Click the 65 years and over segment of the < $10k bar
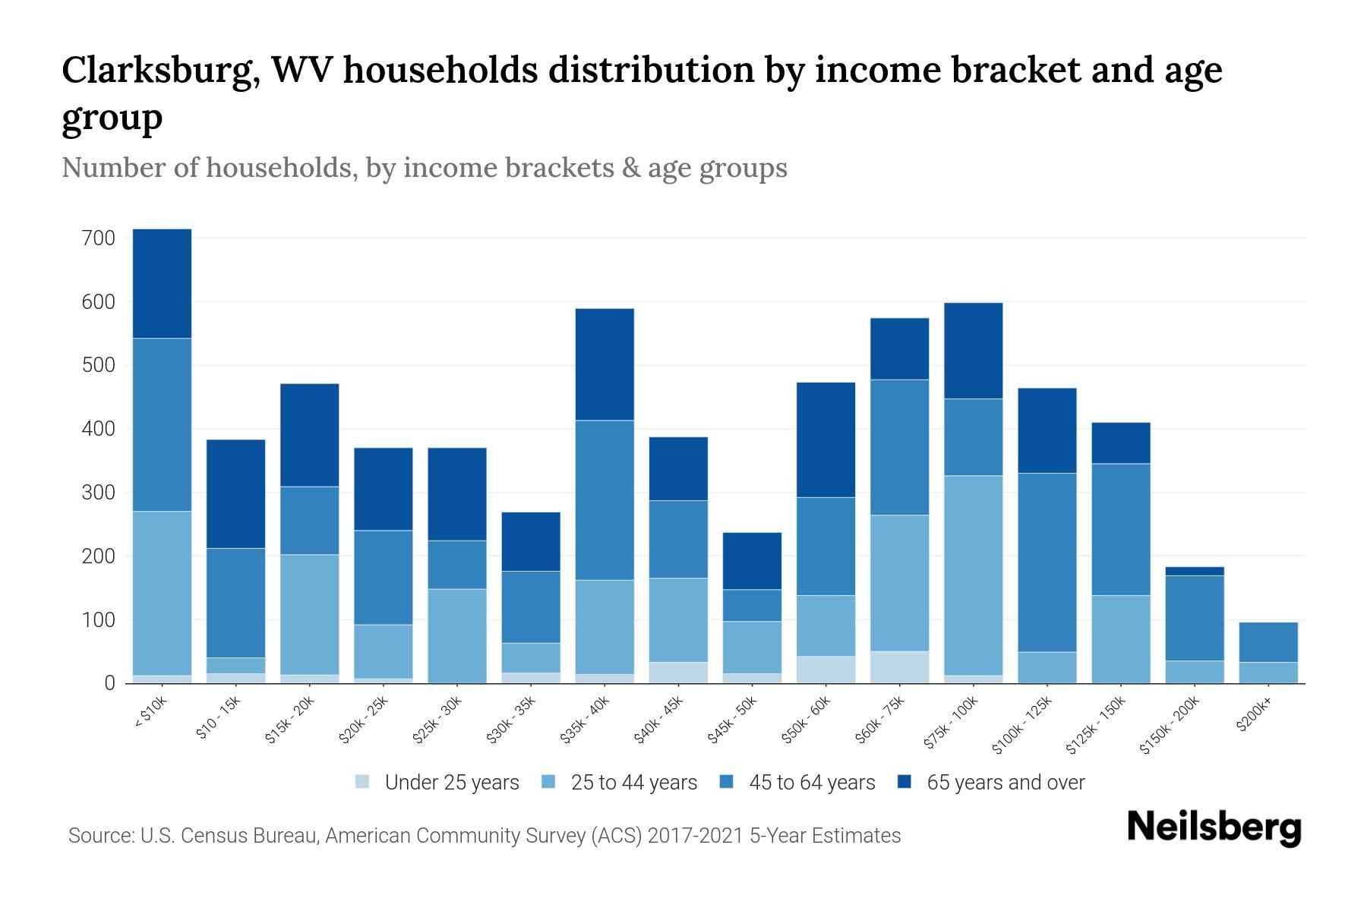coord(162,283)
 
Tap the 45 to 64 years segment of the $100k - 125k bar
coord(1047,562)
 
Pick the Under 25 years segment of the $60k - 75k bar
coord(899,667)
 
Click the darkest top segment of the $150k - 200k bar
coord(1194,571)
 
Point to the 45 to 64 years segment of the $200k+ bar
coord(1268,642)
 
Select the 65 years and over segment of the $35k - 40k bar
coord(605,364)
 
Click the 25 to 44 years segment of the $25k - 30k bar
coord(457,635)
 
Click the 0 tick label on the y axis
coord(109,683)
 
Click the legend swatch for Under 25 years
coord(363,782)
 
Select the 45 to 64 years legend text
coord(811,783)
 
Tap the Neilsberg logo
coord(1214,827)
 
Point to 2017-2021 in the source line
coord(696,836)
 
